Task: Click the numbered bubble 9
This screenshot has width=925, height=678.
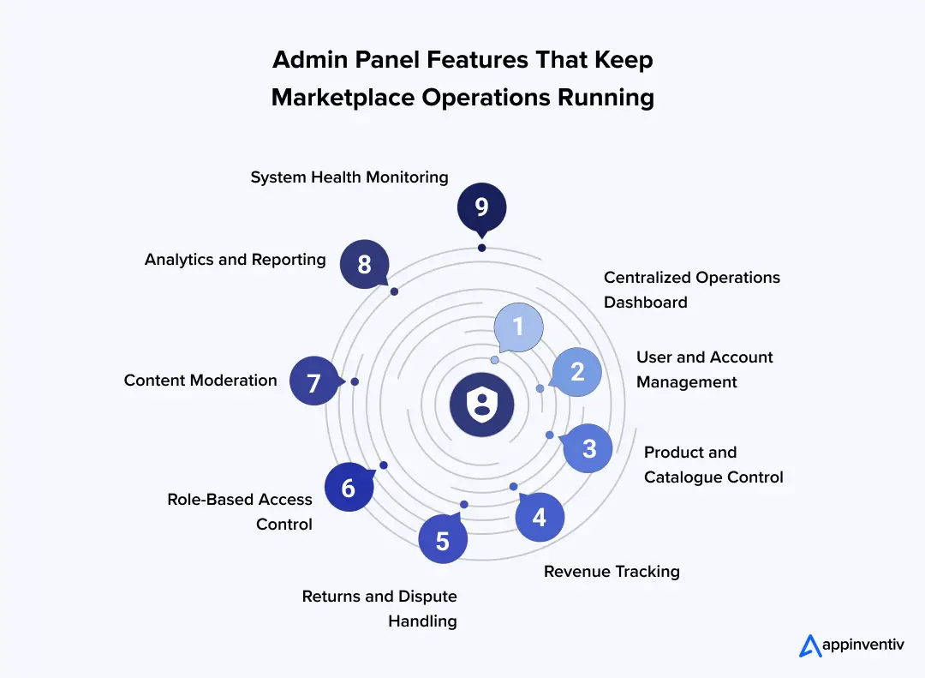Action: coord(481,207)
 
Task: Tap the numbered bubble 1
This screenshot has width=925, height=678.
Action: coord(518,327)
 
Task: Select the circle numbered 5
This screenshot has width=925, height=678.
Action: coord(443,540)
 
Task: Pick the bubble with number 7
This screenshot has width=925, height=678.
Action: coord(314,381)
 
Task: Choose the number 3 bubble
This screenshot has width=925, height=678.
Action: coord(588,448)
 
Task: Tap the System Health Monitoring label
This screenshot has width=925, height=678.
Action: coord(349,177)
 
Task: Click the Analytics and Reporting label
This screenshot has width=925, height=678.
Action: coord(236,259)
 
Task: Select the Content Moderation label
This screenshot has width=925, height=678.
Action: coord(200,381)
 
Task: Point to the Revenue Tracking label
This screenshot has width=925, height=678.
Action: coord(612,572)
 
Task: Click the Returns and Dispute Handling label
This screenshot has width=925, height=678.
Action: coord(379,609)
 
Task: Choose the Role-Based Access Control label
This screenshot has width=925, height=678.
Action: coord(240,512)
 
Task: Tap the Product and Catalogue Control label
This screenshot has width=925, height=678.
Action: coord(713,465)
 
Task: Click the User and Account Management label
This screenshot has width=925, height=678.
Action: coord(704,369)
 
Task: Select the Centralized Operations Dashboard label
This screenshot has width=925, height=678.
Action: coord(692,290)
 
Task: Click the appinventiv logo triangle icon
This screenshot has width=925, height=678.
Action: coord(810,645)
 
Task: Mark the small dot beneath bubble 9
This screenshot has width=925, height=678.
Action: coord(481,248)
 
